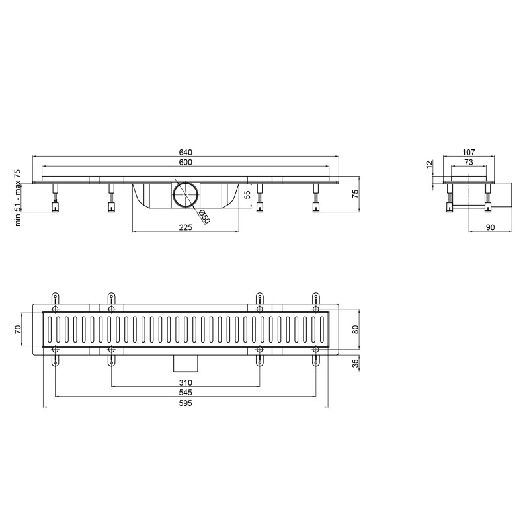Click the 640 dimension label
[186, 152]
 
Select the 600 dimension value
[186, 162]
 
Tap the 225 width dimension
[186, 227]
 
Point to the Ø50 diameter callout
[204, 217]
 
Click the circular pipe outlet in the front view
[186, 194]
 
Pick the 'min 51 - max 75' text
[17, 198]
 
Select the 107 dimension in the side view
[469, 152]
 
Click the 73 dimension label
[469, 162]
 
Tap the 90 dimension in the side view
[490, 227]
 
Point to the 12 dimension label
[429, 165]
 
